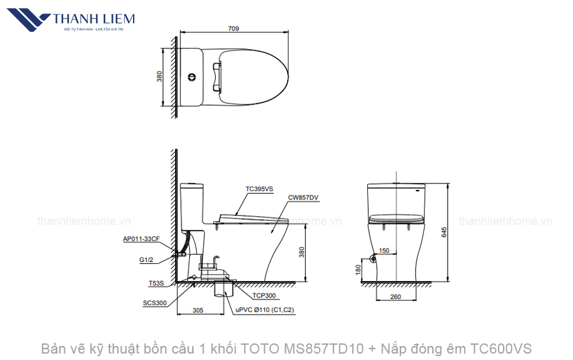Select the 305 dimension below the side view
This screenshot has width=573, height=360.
pyautogui.click(x=197, y=310)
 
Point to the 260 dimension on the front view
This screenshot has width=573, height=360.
pyautogui.click(x=395, y=296)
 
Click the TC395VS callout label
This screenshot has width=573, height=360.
pyautogui.click(x=259, y=189)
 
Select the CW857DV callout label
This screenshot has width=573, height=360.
pyautogui.click(x=303, y=198)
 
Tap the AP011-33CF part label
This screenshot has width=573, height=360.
pyautogui.click(x=141, y=239)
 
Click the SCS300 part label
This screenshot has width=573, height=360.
pyautogui.click(x=155, y=303)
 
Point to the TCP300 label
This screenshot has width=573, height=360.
pyautogui.click(x=264, y=296)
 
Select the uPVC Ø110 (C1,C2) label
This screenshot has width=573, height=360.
pyautogui.click(x=264, y=310)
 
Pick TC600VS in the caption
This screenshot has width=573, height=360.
pyautogui.click(x=501, y=349)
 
